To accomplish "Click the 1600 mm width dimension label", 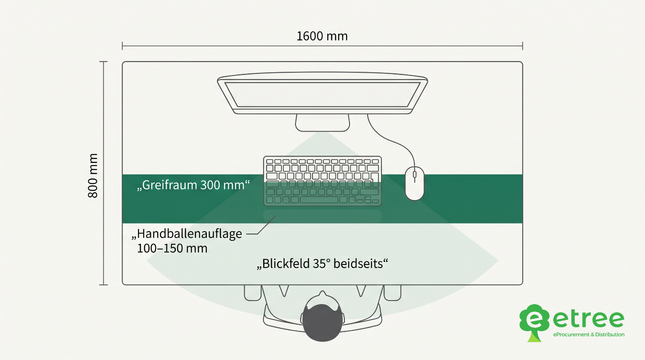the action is coord(322,36).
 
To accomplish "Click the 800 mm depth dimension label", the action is coord(93,175).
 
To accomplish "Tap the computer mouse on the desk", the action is coord(415,184).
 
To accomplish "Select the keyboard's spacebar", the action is coord(319,200).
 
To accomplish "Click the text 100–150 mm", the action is coord(172,248).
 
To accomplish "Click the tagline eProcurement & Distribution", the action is coord(589,335).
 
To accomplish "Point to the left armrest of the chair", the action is coord(252,293).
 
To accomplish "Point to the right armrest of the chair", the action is coord(392,293).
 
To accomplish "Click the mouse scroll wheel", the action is coord(415,175).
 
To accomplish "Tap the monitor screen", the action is coord(322,95).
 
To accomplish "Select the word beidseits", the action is coord(358,264).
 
